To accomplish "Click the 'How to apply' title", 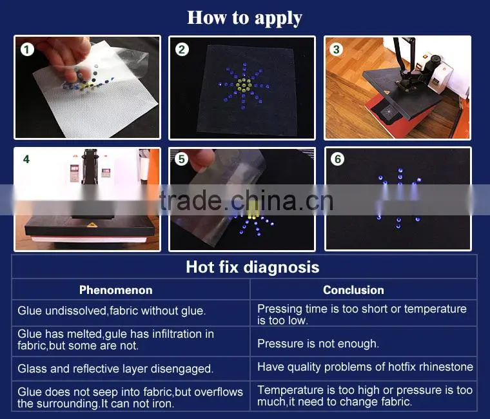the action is pos(244,19).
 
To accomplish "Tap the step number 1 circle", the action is pos(27,50).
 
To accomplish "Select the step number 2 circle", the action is pos(182,50).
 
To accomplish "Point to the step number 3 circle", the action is pos(337,49).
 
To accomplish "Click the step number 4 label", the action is pos(26,159).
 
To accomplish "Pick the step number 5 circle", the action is pos(181,159).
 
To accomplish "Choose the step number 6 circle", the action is pos(337,159).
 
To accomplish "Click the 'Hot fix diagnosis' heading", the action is pos(253,268).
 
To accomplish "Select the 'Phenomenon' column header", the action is pos(115,290).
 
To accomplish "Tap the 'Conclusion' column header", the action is pos(353,290).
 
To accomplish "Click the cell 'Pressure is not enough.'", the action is pos(318,344).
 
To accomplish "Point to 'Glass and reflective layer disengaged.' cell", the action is pos(115,369).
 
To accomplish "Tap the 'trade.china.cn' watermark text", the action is pos(246,201).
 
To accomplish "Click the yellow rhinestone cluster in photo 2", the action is pos(243,84).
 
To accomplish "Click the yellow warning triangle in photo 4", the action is pos(91,225).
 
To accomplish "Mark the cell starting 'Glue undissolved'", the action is pos(112,311).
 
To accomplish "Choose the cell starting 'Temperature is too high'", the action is pos(365,396).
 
